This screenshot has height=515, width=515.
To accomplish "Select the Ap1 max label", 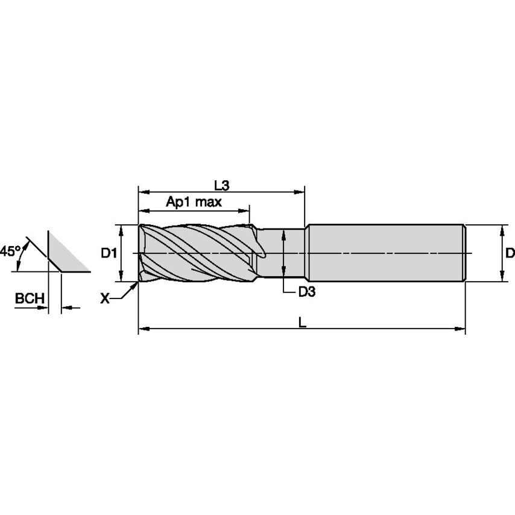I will pos(194,202).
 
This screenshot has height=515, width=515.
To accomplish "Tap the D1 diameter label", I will pos(109,253).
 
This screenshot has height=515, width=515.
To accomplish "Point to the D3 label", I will pos(307,292).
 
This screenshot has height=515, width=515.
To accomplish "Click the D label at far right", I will pos(510,253).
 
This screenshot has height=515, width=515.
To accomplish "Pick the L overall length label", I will pos(303,323).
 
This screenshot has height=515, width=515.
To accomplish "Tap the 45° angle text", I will pos(10,250).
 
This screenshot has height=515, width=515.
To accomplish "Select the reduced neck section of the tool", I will pos(283,253).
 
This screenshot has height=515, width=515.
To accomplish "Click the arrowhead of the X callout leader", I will pos(136,285).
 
